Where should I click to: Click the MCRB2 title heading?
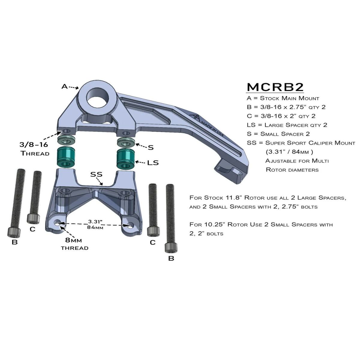click(x=275, y=87)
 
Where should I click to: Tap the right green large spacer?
click(x=125, y=158)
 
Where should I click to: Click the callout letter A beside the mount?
click(x=64, y=86)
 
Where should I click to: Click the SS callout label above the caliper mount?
click(x=97, y=174)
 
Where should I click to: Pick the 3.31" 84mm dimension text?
click(x=95, y=224)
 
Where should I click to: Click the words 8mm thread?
click(x=75, y=244)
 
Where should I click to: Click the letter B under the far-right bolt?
click(x=171, y=258)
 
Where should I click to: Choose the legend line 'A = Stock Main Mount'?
click(x=283, y=98)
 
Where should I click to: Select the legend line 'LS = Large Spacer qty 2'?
click(x=287, y=125)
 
